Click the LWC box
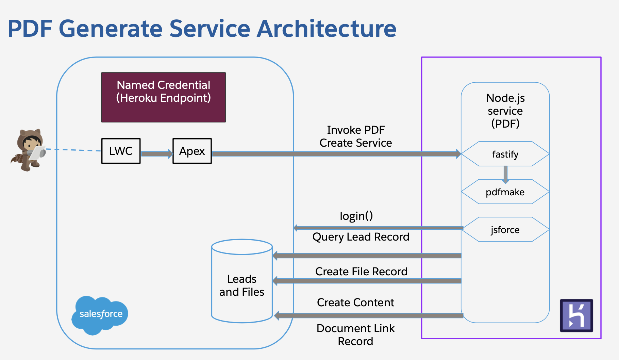(x=121, y=151)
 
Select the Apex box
(x=192, y=151)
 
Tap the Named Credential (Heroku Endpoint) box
(x=163, y=97)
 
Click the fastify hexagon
(x=505, y=154)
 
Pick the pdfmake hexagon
(x=505, y=192)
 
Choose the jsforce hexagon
(x=505, y=230)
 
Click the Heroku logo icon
(x=576, y=315)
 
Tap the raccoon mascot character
(x=29, y=150)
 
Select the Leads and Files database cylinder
(x=242, y=281)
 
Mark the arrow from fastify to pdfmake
(x=505, y=174)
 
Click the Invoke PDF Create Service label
(x=355, y=136)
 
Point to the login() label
(x=356, y=216)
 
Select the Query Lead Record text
(x=361, y=237)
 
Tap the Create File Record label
(x=361, y=272)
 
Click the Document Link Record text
(x=355, y=335)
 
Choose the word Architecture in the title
(x=327, y=29)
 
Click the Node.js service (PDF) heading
(x=505, y=111)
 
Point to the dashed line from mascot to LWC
(x=73, y=150)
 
